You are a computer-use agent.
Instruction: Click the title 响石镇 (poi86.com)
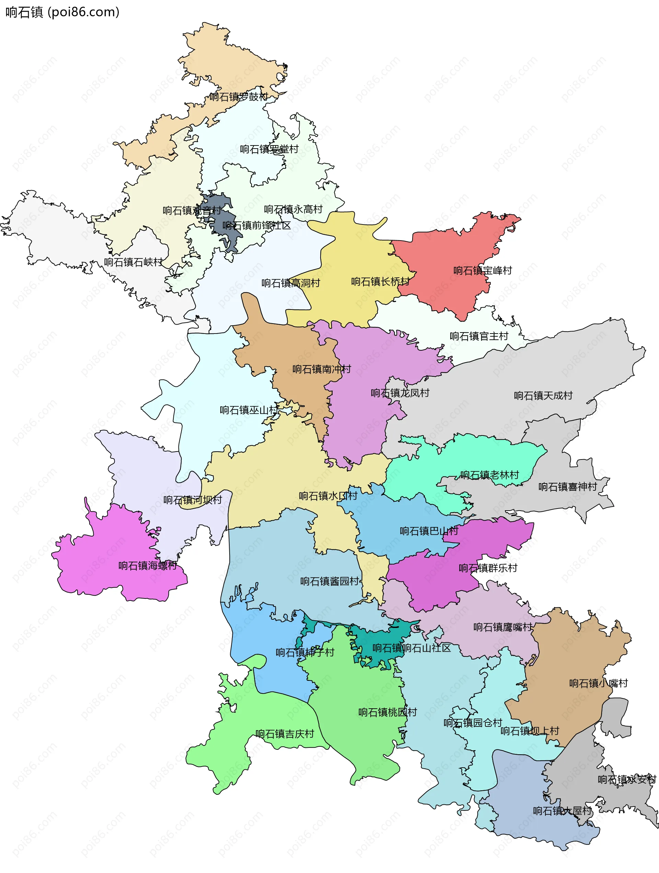[x=62, y=12]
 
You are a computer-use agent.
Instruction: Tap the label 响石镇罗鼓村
[x=239, y=97]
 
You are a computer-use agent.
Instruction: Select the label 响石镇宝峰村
[x=483, y=270]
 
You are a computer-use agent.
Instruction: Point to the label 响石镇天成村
[x=543, y=395]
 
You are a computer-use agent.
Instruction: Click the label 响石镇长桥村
[x=380, y=281]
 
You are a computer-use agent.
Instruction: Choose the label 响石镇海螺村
[x=148, y=566]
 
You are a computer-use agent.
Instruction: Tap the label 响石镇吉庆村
[x=284, y=734]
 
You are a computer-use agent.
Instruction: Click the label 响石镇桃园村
[x=388, y=712]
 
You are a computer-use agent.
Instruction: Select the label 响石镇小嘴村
[x=598, y=683]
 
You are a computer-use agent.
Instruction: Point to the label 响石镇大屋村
[x=562, y=811]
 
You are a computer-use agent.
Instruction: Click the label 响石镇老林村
[x=489, y=475]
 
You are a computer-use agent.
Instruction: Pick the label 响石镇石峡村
[x=133, y=262]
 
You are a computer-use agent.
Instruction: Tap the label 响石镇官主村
[x=479, y=336]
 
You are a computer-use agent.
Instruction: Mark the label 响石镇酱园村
[x=330, y=581]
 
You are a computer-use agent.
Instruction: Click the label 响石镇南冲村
[x=321, y=369]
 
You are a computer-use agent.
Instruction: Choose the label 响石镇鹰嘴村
[x=502, y=627]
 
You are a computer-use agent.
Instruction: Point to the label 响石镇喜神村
[x=567, y=487]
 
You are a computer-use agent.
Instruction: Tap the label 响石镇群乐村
[x=488, y=568]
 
